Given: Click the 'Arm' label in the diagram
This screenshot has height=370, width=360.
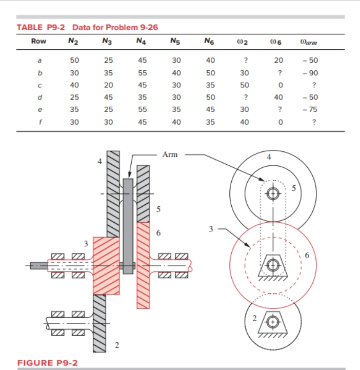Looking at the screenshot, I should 169,154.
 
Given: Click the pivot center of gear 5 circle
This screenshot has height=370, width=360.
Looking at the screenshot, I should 273,193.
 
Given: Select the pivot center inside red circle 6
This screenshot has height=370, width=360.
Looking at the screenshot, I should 272,264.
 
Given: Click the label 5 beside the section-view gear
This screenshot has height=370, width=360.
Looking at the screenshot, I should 158,209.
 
